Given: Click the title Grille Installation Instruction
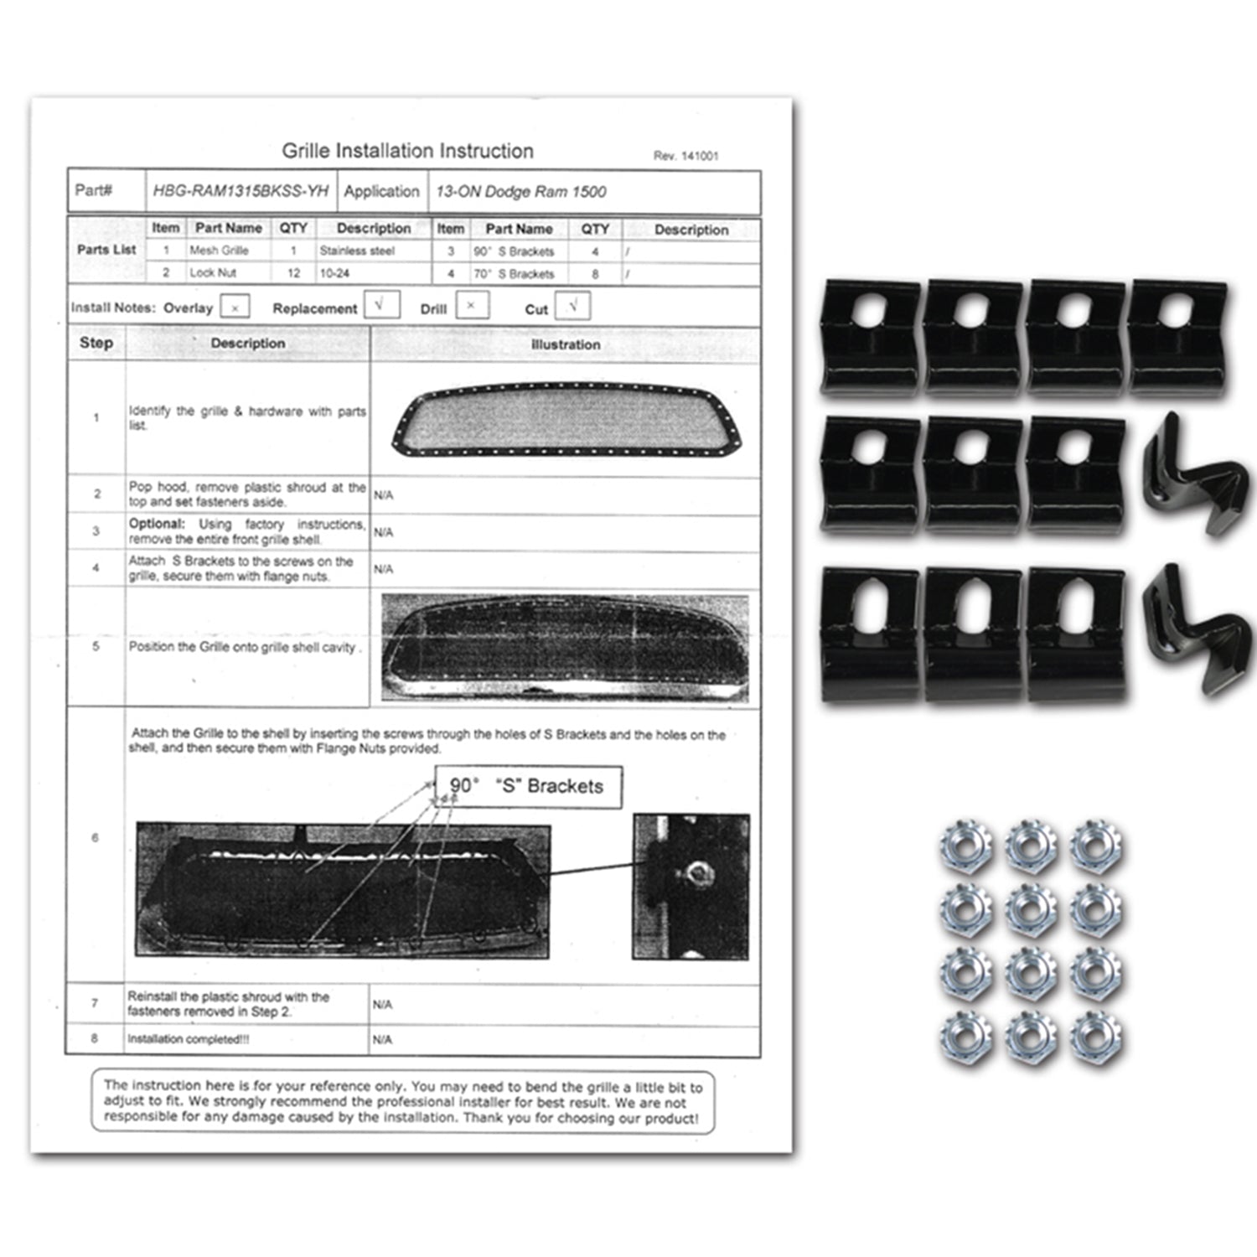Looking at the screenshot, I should [x=407, y=151].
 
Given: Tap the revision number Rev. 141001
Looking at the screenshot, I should [x=685, y=156].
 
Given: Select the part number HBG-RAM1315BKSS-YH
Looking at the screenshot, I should [x=241, y=191].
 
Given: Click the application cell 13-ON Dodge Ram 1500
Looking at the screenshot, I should [x=520, y=192].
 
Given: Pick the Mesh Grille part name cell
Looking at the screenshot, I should [x=219, y=251].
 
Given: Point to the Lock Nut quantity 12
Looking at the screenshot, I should [x=293, y=273].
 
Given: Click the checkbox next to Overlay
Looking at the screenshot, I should [x=235, y=308].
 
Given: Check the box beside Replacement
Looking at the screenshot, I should [x=381, y=305].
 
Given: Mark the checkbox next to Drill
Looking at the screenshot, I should [x=472, y=306].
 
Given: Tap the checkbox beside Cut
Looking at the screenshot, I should [x=572, y=306].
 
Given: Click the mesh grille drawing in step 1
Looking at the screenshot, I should [x=567, y=419].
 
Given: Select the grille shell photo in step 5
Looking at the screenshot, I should [x=565, y=648].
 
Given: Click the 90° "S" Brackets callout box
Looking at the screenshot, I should [x=527, y=786].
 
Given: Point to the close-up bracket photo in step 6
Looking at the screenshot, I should [x=691, y=886].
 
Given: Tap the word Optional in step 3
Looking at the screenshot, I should [x=157, y=524].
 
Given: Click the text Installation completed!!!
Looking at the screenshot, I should [x=189, y=1039].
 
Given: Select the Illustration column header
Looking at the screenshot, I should [x=566, y=344].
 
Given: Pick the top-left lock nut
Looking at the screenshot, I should [x=966, y=846].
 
